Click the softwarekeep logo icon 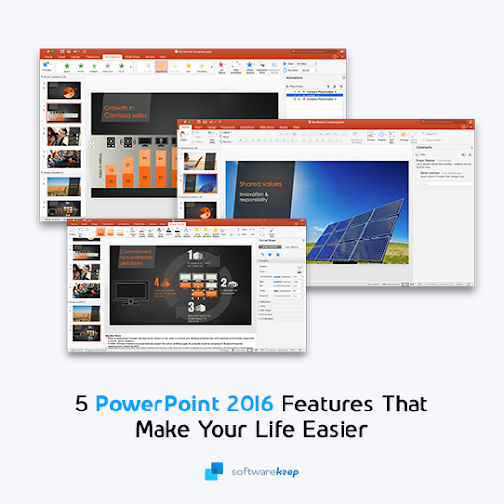(214, 472)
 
